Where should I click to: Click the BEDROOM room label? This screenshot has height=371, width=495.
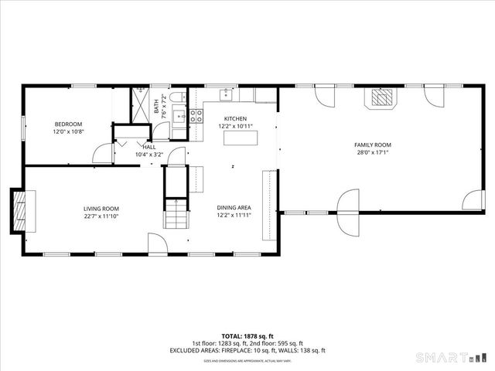pos(68,124)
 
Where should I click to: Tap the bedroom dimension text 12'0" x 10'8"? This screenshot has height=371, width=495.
pos(68,131)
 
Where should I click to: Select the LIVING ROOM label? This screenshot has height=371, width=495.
pos(101,208)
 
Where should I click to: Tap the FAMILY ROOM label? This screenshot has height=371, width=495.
pos(373,145)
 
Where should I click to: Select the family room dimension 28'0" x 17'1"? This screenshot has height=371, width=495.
pos(373,152)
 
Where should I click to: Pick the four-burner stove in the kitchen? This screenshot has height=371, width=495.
pos(196,116)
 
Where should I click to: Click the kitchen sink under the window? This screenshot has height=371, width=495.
pos(226,95)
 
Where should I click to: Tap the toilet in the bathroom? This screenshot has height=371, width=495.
pos(177,96)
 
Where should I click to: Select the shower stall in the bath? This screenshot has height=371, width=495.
pos(142,106)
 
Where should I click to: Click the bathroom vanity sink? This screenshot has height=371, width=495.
pos(178,117)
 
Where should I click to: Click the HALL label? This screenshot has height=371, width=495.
pos(148,146)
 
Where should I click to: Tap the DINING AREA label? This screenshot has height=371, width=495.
pos(234,208)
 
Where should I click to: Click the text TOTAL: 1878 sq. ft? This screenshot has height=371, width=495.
pos(247,336)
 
